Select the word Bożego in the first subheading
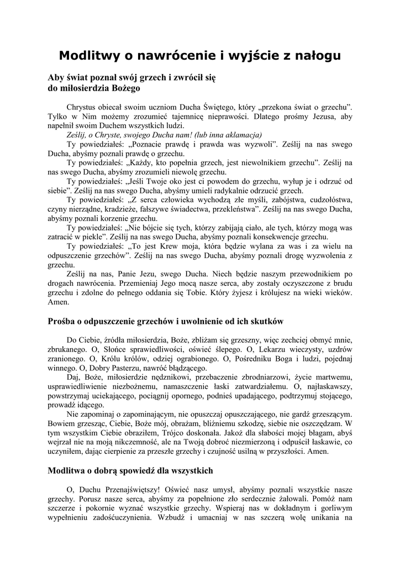(x=128, y=87)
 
